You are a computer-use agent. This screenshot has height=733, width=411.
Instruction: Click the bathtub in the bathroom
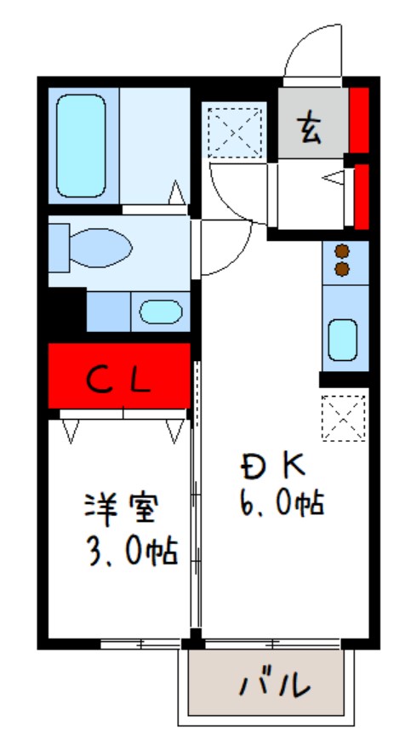(81, 146)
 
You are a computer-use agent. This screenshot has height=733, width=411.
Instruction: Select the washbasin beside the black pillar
(160, 312)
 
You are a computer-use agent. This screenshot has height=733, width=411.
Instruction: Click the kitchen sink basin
(342, 339)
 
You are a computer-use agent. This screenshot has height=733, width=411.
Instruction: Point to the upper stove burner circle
(343, 252)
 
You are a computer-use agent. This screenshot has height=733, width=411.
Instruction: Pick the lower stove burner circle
(343, 269)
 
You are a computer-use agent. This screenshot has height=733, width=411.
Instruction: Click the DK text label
(271, 466)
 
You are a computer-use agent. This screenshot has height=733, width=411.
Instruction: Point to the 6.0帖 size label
(281, 505)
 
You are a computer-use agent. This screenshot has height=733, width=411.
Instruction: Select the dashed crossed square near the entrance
(235, 131)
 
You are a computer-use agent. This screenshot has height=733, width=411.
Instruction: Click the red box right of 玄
(359, 118)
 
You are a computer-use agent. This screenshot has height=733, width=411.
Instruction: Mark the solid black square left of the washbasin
(66, 312)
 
